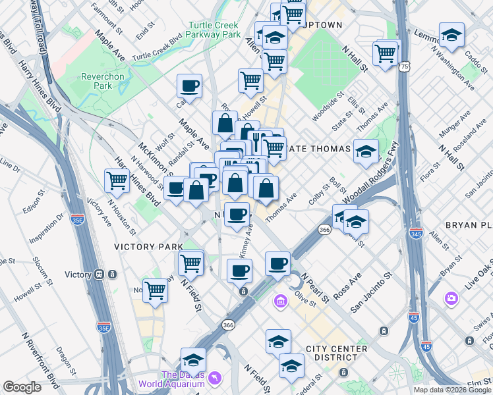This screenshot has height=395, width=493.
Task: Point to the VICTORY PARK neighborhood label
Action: coord(148,247)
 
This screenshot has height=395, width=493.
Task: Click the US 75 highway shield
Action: coord(403,67)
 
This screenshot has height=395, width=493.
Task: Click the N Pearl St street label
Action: coord(315,288)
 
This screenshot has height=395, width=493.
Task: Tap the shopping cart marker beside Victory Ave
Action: coord(117,178)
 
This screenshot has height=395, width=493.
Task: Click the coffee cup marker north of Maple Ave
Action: coord(189,86)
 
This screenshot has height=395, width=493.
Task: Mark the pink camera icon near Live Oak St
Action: coord(451,298)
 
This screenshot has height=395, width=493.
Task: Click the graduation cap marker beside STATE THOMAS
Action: coord(366,151)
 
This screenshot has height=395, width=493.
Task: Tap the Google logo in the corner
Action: coord(22,387)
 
